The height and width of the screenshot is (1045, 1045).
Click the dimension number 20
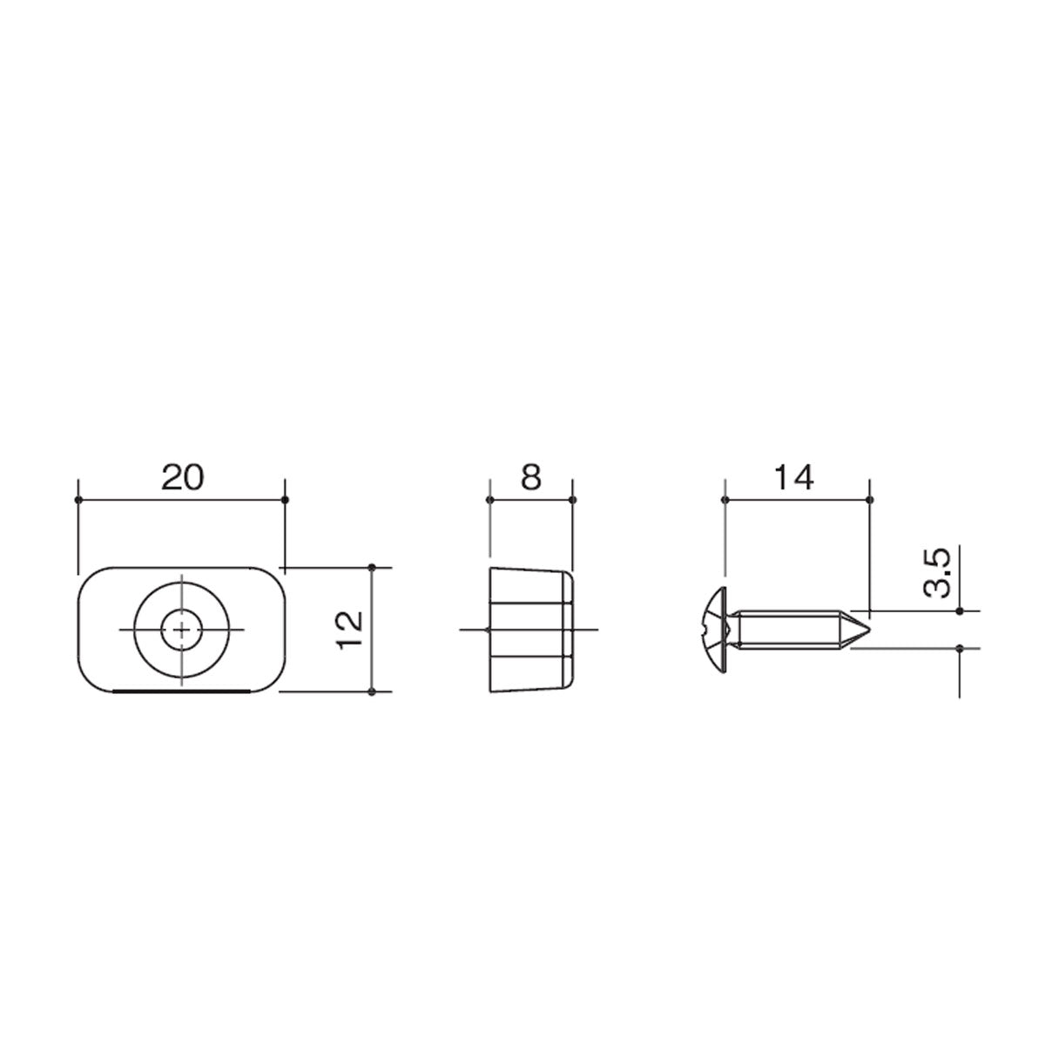[x=182, y=478]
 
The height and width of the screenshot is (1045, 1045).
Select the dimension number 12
[x=350, y=630]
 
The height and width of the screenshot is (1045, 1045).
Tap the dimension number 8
[x=531, y=478]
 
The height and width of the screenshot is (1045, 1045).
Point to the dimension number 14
[x=794, y=478]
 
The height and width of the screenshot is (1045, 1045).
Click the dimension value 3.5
[x=937, y=573]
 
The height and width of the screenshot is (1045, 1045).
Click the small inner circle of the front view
[x=182, y=630]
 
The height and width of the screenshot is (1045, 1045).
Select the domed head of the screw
[x=715, y=630]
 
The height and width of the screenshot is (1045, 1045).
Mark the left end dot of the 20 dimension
[x=78, y=500]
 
